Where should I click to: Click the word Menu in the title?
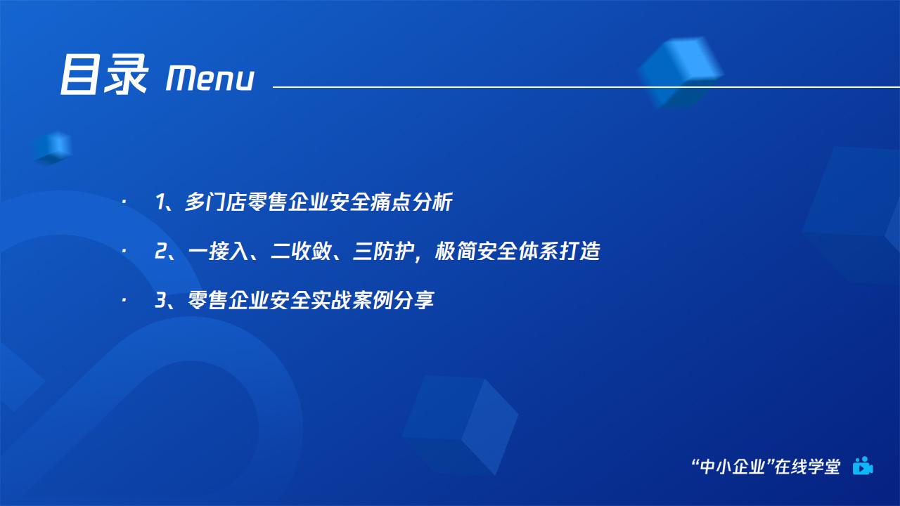pos(210,78)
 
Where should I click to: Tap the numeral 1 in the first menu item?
pos(160,202)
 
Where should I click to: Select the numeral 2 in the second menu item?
pos(161,251)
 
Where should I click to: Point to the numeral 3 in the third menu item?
pos(161,300)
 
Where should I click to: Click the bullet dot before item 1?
pos(124,202)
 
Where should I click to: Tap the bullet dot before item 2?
pos(124,251)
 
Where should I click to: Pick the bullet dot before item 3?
pos(124,300)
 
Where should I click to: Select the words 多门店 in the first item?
pos(215,202)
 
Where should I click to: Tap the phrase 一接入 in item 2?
pos(218,251)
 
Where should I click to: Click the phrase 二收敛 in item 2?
pos(300,251)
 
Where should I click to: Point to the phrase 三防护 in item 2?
pos(383,251)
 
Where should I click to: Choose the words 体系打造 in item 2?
pos(559,251)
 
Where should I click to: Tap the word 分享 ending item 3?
pos(414,300)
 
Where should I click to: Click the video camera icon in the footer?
pos(863,466)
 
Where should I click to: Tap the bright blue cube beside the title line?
pos(681,72)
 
